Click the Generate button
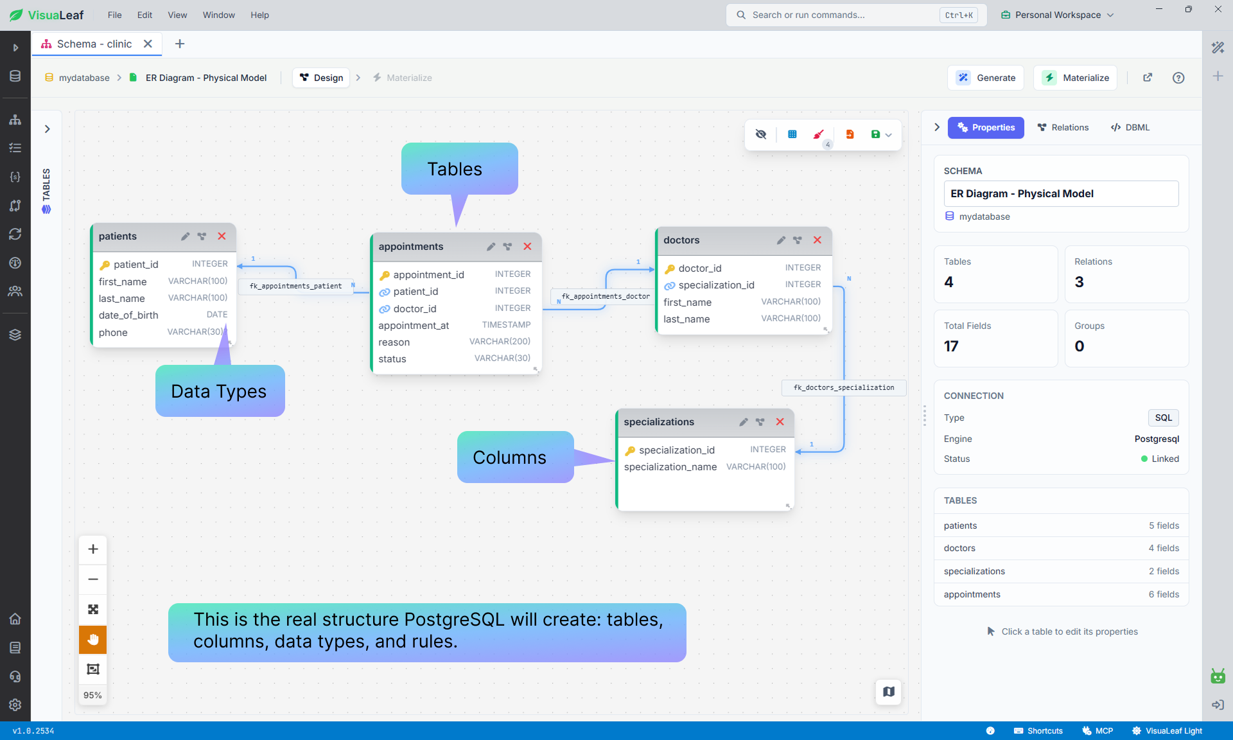[986, 78]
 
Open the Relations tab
[1063, 127]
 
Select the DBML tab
[1130, 127]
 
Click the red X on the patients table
[222, 236]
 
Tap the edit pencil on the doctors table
[781, 240]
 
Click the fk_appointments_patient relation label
[295, 286]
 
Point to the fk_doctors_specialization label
[844, 387]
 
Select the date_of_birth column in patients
[128, 315]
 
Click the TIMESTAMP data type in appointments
[506, 325]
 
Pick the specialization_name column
[670, 467]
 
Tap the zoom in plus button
[93, 549]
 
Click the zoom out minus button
[93, 579]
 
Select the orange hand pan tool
[93, 639]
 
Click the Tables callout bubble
[459, 169]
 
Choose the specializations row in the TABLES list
[1061, 571]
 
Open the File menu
[115, 15]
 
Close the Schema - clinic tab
[148, 44]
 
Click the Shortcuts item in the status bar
[1038, 731]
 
